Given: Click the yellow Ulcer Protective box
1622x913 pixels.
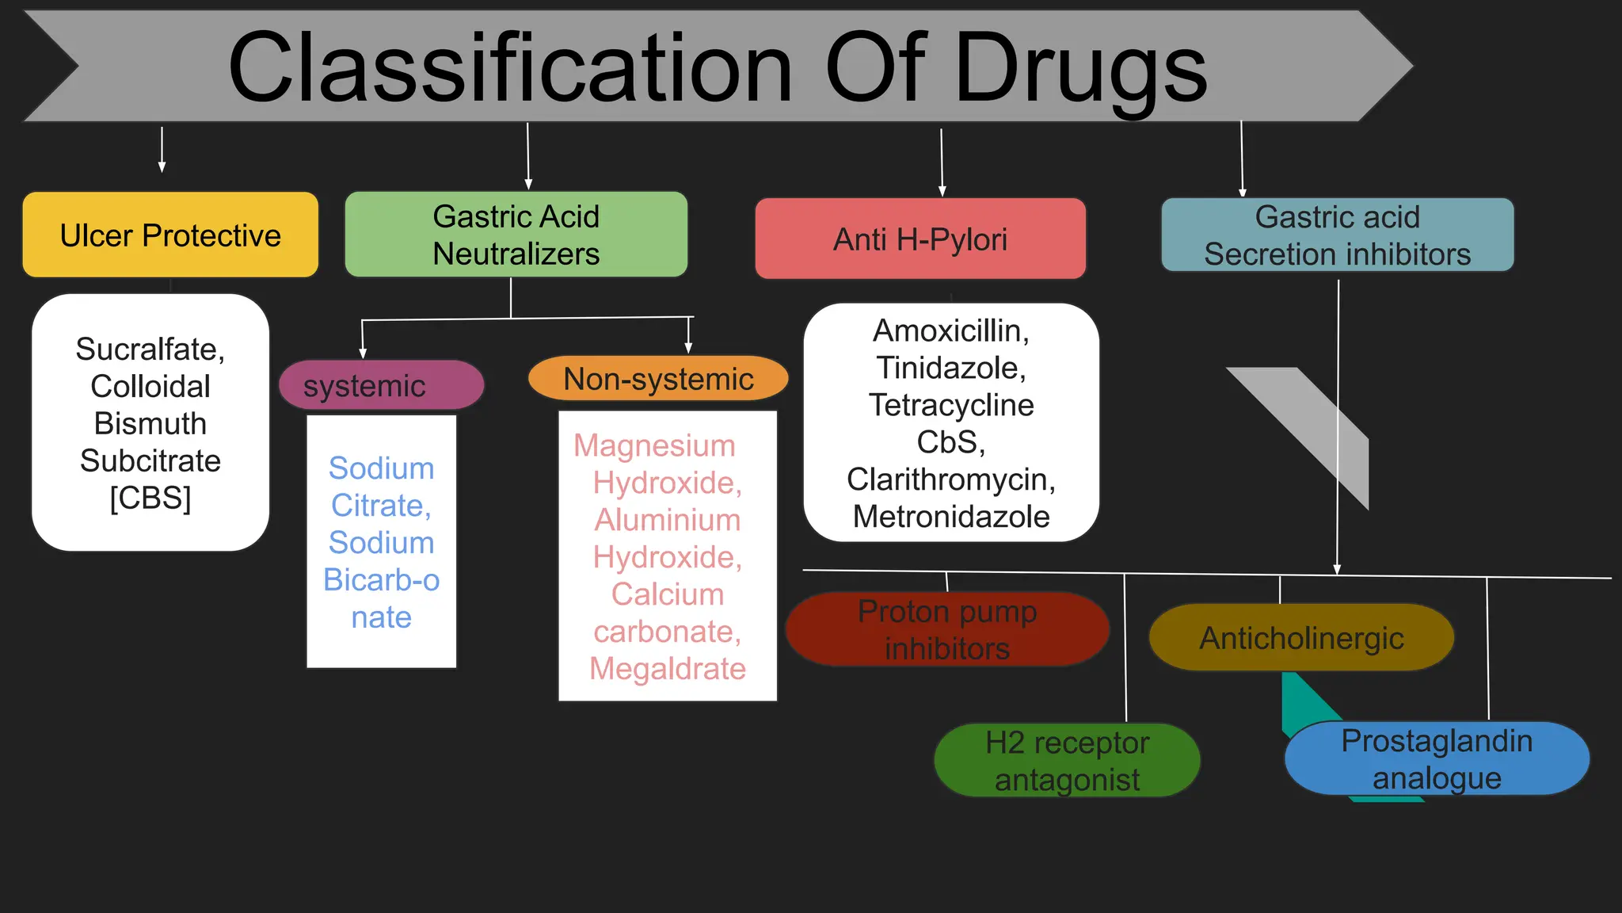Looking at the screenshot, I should pos(170,235).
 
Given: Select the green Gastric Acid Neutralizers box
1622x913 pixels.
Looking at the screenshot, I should pos(516,235).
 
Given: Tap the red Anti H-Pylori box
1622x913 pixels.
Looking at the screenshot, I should pos(920,239).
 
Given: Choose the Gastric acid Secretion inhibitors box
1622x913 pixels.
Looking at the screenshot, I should pos(1337,235).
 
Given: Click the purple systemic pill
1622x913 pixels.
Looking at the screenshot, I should pos(381,386).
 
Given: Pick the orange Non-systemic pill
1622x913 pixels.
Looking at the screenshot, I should pos(658,379).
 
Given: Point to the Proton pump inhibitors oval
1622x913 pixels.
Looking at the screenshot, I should pos(946,630).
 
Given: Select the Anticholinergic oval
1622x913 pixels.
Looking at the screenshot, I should pos(1301,638).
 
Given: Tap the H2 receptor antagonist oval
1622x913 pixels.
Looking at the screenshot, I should pos(1067,761).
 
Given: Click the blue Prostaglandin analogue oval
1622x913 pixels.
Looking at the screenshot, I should pos(1437,759).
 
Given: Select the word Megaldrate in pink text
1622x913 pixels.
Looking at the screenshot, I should pos(667,669).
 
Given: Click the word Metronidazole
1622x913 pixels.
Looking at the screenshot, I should pos(950,517).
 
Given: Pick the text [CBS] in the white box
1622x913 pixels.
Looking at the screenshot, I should pos(150,499).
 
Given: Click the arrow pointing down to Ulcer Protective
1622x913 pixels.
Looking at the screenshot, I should pos(162,151).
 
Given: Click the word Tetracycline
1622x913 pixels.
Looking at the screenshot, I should pos(950,405).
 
